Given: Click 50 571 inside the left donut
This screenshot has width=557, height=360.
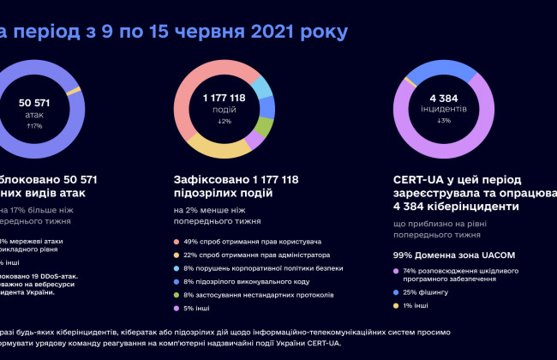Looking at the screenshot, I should click(x=35, y=104).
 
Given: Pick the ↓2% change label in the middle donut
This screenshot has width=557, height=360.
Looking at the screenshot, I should click(x=225, y=122).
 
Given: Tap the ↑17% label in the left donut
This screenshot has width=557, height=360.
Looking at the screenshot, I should click(x=35, y=126).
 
